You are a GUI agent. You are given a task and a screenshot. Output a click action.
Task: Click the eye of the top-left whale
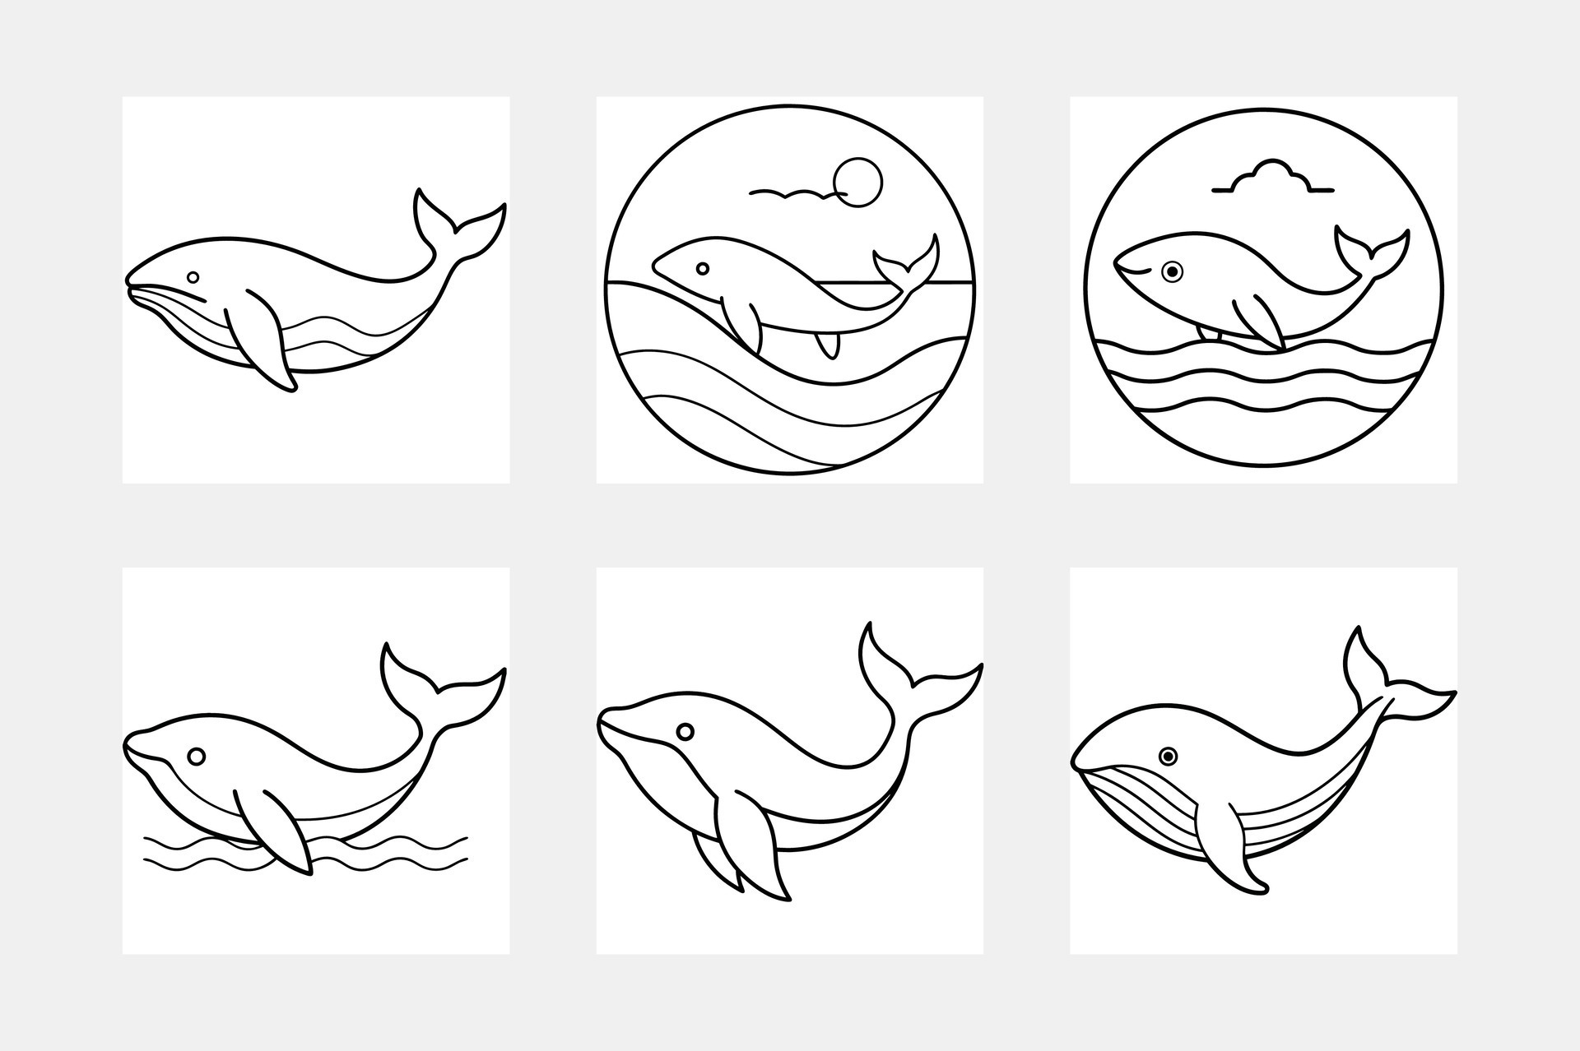pos(193,277)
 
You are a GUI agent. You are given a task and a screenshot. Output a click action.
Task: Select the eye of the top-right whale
pos(1172,271)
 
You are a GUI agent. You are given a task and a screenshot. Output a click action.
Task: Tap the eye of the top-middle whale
pos(703,268)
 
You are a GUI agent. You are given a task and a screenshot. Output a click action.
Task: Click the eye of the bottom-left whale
pos(196,756)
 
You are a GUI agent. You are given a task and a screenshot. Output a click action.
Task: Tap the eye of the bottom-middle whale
pos(685,731)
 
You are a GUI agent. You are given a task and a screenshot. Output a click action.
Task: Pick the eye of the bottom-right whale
pos(1168,756)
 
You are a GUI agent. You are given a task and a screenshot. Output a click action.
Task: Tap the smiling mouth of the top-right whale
pos(1133,268)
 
